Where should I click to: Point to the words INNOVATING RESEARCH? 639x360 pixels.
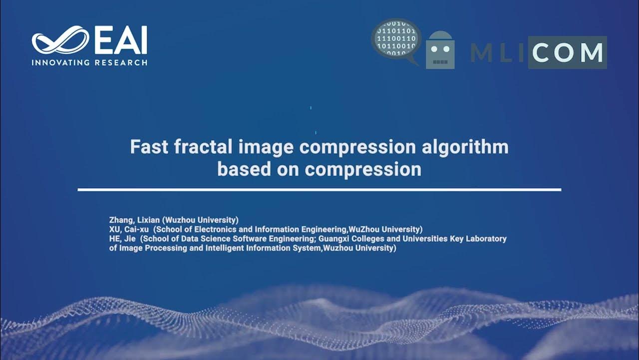[89, 62]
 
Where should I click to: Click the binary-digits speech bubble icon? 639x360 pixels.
[396, 40]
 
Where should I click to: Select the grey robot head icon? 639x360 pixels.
[440, 51]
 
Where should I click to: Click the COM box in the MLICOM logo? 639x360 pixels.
[567, 52]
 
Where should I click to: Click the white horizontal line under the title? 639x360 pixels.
[319, 190]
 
